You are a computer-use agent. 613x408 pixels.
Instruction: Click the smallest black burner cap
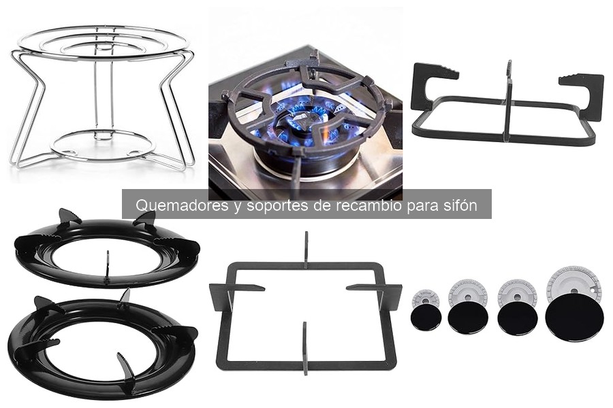426,316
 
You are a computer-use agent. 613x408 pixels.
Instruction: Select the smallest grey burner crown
425,299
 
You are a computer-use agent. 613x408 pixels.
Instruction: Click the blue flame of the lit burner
305,117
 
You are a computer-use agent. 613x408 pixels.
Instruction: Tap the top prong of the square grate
306,250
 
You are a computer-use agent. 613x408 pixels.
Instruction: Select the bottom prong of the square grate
305,348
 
